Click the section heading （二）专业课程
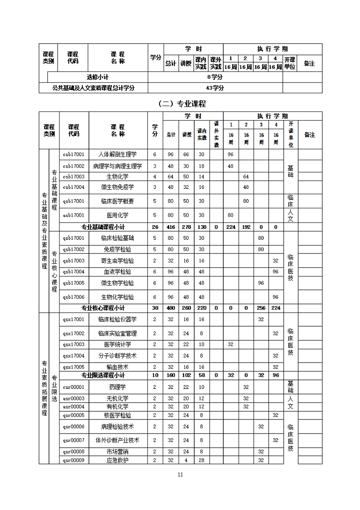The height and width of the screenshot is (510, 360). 180,103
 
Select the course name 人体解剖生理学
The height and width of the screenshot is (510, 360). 118,154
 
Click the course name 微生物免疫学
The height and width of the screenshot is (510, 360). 118,187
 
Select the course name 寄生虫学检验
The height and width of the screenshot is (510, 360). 118,261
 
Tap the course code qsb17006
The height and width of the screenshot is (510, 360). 74,297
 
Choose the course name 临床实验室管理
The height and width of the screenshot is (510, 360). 118,333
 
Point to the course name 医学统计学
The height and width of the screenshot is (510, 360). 118,344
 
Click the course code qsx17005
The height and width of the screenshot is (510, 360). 74,367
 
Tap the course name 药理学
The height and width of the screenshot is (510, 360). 118,387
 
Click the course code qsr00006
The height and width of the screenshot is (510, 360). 74,426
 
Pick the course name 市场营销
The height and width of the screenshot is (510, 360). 118,451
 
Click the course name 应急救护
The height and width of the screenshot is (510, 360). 118,460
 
